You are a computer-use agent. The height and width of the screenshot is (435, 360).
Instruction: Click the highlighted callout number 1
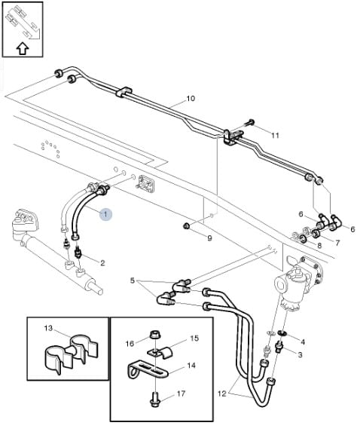tap(105, 214)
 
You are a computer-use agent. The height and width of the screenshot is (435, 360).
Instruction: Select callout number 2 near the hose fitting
tap(102, 263)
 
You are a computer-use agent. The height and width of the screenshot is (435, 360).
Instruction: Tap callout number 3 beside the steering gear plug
tap(300, 354)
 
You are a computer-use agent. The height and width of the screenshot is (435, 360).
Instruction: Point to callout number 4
tap(303, 342)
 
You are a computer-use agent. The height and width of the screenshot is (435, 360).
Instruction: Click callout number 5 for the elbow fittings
tap(133, 280)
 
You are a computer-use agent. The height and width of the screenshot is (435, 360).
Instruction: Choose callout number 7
tap(337, 243)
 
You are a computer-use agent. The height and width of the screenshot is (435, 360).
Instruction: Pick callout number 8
tap(319, 246)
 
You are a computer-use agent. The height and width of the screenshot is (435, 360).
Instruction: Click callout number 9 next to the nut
tap(210, 238)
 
